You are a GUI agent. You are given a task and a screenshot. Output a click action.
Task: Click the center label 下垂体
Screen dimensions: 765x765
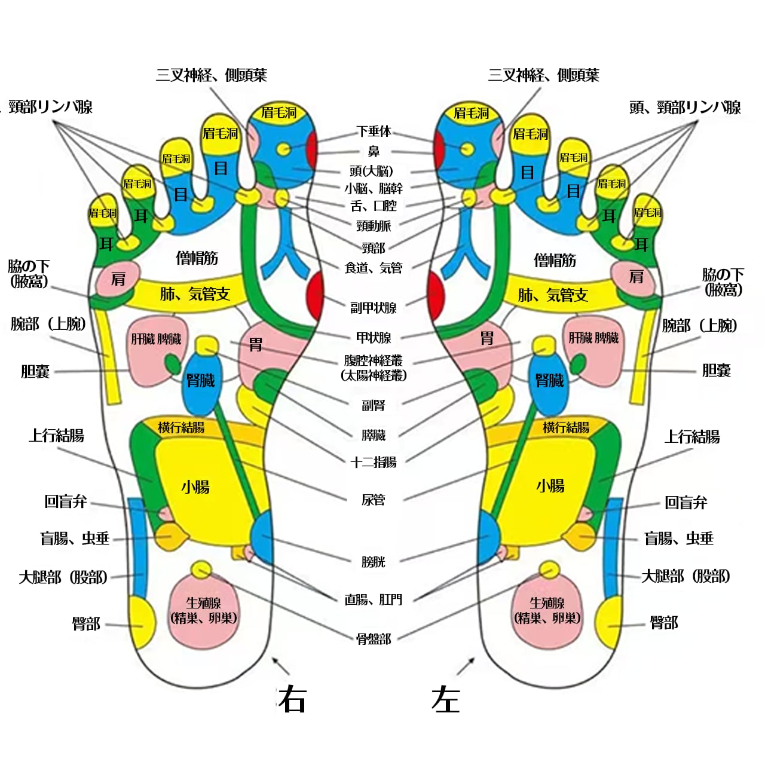[374, 131]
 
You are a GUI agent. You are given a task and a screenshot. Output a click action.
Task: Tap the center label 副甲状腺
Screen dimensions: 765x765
[374, 308]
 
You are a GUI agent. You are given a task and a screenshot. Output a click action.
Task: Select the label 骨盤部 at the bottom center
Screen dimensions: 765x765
[374, 639]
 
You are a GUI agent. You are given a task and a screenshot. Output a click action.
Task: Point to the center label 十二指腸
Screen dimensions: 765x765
[374, 462]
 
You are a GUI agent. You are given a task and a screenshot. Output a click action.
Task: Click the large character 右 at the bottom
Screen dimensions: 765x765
[293, 699]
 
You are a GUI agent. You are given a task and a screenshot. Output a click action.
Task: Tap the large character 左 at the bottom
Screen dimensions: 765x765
[446, 699]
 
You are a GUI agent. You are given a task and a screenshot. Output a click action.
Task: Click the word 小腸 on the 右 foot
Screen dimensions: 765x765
[195, 487]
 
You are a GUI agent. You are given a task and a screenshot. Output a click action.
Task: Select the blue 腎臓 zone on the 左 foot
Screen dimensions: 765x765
[549, 381]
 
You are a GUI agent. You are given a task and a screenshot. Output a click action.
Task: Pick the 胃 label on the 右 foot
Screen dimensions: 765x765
[256, 345]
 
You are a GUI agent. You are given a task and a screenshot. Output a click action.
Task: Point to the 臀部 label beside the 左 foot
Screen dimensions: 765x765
[664, 623]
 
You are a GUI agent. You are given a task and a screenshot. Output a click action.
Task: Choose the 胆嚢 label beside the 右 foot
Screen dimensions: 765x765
[35, 371]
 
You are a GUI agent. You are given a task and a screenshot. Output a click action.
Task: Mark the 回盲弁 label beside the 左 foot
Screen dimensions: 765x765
[686, 503]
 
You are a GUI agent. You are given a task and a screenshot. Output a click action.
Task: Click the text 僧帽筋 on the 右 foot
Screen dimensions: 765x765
[197, 258]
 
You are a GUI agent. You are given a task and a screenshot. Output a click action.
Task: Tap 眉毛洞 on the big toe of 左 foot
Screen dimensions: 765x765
[471, 113]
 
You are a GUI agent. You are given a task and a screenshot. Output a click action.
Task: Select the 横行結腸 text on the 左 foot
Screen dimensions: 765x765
[566, 427]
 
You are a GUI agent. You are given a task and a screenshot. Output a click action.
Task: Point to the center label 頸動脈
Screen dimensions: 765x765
[374, 226]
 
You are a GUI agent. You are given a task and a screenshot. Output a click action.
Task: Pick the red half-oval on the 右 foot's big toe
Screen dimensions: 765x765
[311, 151]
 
